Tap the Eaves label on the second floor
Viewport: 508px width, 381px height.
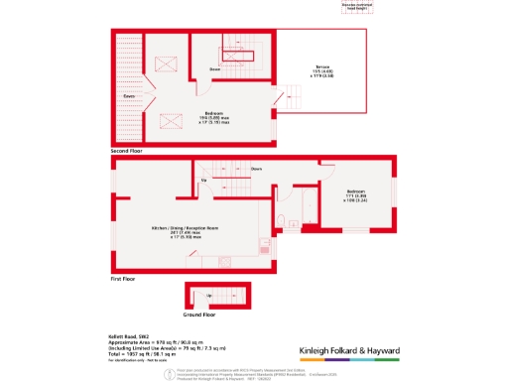coord(129,96)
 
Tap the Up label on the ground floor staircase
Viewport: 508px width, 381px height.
coord(208,296)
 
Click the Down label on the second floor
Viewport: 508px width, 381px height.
coord(214,69)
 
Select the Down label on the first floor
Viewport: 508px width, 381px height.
coord(256,169)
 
